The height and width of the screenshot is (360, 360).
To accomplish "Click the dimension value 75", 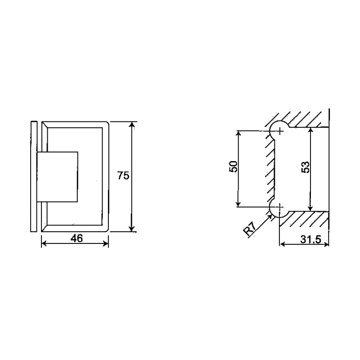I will (x=123, y=175).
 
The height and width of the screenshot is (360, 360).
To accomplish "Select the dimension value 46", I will (x=76, y=238).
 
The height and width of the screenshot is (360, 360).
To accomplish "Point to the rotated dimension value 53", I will (x=305, y=167).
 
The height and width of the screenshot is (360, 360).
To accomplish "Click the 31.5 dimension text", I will (x=310, y=239).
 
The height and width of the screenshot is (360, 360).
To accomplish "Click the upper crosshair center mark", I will (x=280, y=131).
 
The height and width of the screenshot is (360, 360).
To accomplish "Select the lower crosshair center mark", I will (x=280, y=207).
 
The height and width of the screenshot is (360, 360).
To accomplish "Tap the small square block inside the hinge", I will (x=58, y=176).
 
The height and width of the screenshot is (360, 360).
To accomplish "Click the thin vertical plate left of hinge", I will (x=34, y=176).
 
